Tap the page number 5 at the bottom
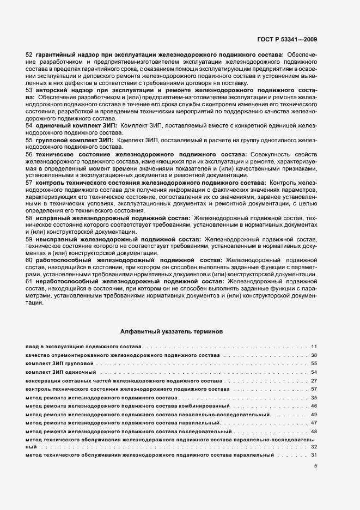pyautogui.click(x=315, y=465)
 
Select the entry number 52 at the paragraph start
pyautogui.click(x=29, y=55)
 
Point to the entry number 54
pyautogui.click(x=29, y=125)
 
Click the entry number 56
pyautogui.click(x=29, y=154)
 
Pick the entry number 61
pyautogui.click(x=29, y=282)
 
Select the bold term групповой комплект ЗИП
pyautogui.click(x=75, y=140)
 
